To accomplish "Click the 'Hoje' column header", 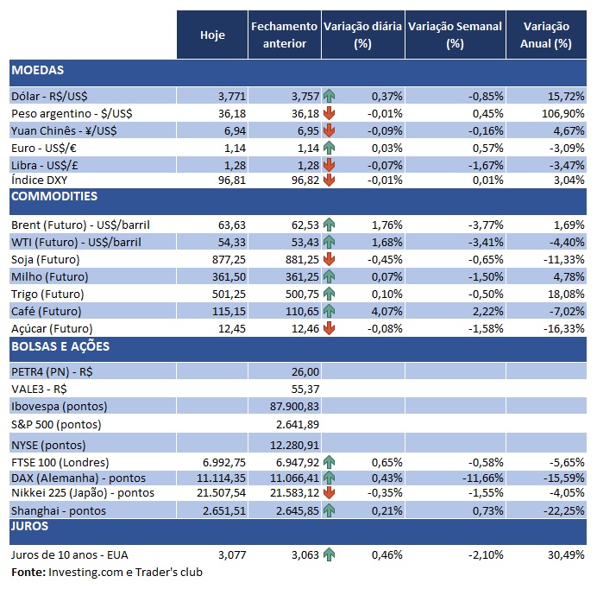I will click(212, 35).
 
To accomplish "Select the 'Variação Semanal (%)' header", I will click(455, 35).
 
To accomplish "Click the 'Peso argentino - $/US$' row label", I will click(72, 113).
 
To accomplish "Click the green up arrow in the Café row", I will click(329, 311).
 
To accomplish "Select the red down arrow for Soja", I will click(329, 259).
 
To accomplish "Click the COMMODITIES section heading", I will click(53, 197).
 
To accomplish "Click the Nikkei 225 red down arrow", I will click(329, 493).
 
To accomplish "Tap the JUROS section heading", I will click(29, 525).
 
